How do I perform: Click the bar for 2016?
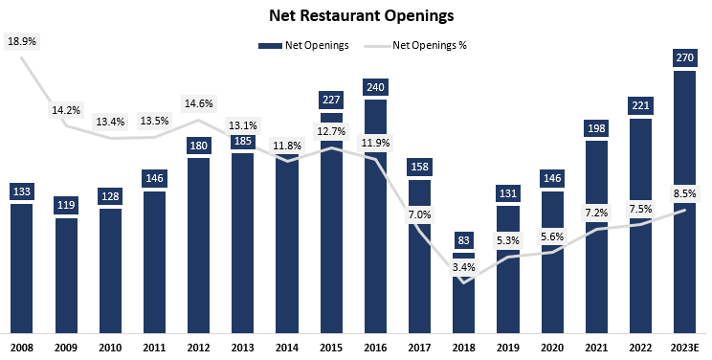pos(375,220)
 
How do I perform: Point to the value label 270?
pos(685,58)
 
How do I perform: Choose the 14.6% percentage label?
pos(199,102)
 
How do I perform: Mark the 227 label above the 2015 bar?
pos(332,98)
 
